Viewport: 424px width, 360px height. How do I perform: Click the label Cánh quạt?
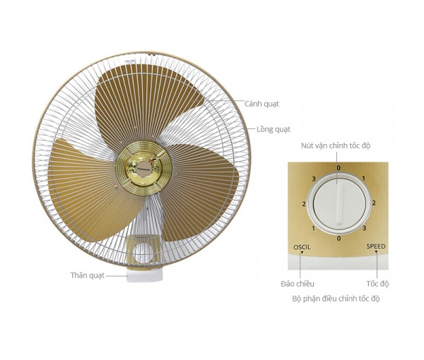point(261,104)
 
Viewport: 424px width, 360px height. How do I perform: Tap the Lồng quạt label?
point(273,129)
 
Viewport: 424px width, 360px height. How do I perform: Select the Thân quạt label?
point(88,275)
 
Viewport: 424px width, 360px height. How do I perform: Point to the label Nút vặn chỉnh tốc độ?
point(336,146)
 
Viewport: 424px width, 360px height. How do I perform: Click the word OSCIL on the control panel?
point(302,247)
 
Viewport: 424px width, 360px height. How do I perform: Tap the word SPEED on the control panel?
point(376,246)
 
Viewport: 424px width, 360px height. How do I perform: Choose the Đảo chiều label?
point(298,284)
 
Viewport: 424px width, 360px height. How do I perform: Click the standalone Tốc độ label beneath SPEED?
point(377,284)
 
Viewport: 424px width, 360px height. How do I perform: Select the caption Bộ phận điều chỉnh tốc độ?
point(336,299)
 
